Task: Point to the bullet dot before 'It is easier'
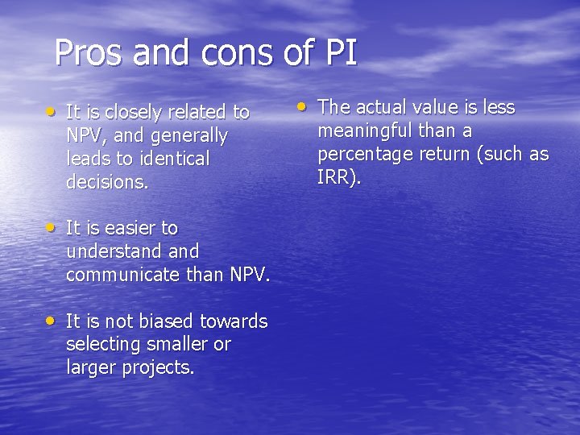(x=52, y=227)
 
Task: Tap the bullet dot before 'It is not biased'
(x=52, y=320)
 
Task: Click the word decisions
(x=107, y=182)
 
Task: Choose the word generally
(x=190, y=135)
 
